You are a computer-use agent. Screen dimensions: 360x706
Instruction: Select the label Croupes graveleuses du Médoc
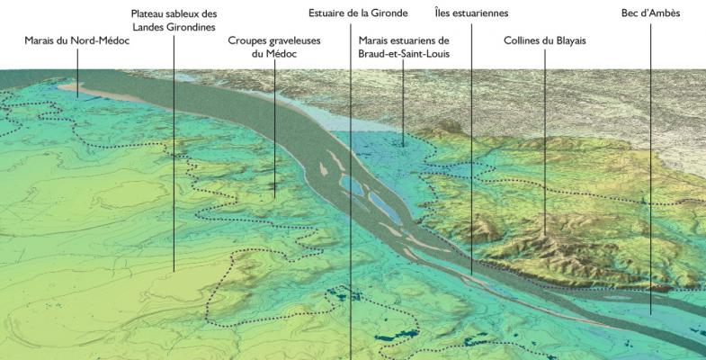tap(274, 48)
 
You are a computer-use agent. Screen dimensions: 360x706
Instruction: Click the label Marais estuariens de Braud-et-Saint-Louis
tap(403, 48)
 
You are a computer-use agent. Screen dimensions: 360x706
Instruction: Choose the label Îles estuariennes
tap(471, 14)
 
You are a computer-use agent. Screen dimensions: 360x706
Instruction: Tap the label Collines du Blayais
tap(544, 41)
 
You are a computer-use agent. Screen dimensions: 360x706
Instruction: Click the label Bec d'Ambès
tap(650, 14)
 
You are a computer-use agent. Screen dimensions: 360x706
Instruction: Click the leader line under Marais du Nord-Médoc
tap(76, 72)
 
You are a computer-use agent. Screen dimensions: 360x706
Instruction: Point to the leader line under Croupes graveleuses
tap(275, 126)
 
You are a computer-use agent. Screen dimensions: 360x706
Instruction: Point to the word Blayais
tap(565, 41)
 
